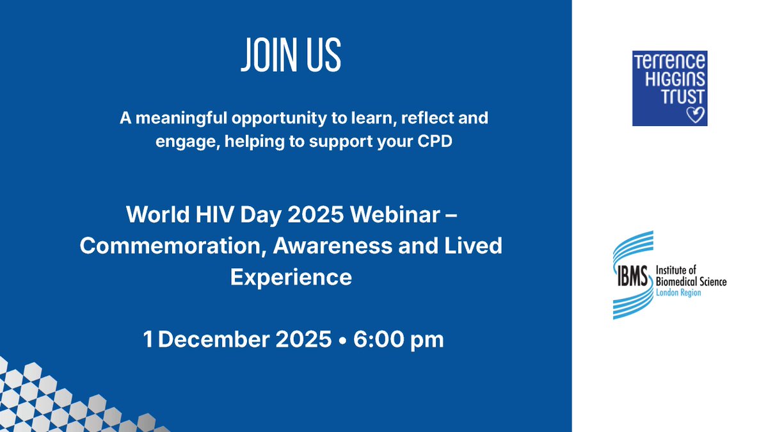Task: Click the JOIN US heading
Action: [x=291, y=56]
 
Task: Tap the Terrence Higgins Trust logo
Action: [x=669, y=88]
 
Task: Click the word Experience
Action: [x=291, y=277]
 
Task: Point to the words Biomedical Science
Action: [x=691, y=282]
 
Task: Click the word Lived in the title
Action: [x=471, y=246]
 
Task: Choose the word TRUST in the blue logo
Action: [x=670, y=97]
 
